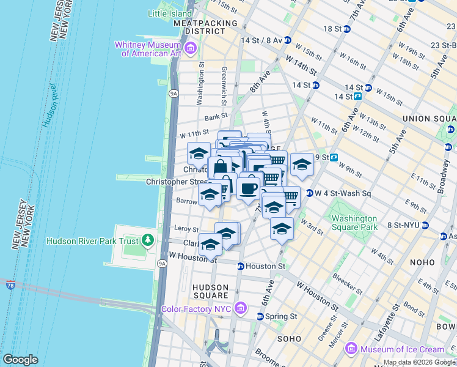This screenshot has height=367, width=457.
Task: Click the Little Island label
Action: (170, 13)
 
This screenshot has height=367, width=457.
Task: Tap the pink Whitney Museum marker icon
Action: (191, 48)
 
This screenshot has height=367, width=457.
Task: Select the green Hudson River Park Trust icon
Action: (147, 240)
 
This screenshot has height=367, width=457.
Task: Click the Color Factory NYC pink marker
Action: (241, 308)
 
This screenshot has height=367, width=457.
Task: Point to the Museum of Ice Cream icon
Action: (351, 349)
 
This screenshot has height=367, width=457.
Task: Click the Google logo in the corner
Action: (20, 360)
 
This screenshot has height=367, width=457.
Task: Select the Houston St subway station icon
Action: (241, 266)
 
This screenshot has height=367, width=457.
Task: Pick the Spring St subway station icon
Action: (260, 316)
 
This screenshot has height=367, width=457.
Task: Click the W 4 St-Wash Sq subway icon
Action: (310, 193)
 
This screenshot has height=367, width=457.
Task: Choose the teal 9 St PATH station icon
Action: (335, 157)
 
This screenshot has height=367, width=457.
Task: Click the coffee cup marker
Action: (248, 188)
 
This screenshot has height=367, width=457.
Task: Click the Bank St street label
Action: (216, 115)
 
